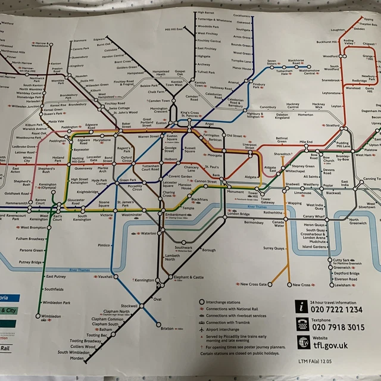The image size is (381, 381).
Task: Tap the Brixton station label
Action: (168, 327)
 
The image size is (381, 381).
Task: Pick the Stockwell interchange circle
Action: (142, 305)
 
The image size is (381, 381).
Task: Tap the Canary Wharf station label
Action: (313, 217)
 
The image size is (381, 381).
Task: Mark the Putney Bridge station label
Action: (32, 262)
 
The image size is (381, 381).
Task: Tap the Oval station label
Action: (158, 299)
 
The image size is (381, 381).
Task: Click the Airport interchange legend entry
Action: (222, 329)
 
